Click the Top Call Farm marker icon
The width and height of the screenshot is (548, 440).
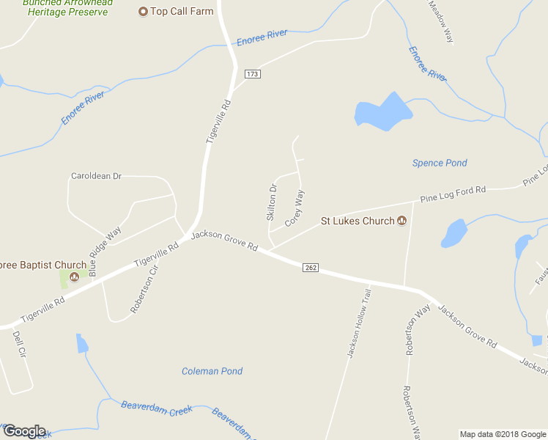143,11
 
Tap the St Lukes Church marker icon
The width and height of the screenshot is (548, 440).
401,221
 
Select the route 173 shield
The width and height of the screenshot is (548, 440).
253,74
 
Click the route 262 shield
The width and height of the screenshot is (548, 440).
311,268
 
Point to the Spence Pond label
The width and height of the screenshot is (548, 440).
440,163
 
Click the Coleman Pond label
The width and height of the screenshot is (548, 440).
212,371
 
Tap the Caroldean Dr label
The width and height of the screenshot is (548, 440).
96,176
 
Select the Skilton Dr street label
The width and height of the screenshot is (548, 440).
271,202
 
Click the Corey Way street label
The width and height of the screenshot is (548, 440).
295,208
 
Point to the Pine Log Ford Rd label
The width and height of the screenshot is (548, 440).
453,194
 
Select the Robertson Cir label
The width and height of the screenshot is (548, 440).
144,289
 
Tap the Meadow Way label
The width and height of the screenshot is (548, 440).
441,22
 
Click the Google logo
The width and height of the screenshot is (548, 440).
23,431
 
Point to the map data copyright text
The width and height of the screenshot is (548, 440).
502,434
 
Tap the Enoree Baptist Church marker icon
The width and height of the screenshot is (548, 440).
74,277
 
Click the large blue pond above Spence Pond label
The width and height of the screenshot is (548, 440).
383,112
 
